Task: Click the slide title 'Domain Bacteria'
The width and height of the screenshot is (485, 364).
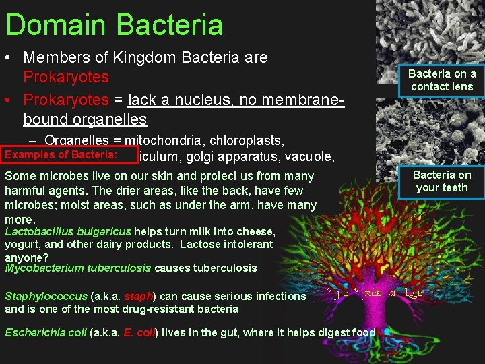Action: tap(114, 24)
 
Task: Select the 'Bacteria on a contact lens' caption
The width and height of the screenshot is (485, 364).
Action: tap(442, 80)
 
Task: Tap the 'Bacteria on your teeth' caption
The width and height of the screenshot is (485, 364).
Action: tap(442, 181)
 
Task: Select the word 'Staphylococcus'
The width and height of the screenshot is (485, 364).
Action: tap(46, 296)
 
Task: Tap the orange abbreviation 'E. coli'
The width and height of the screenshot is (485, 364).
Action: tap(138, 332)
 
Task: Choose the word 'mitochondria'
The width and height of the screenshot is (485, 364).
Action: tap(169, 141)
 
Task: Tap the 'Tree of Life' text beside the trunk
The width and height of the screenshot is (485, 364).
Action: tap(377, 294)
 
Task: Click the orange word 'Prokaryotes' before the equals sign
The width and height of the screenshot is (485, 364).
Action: tap(66, 100)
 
